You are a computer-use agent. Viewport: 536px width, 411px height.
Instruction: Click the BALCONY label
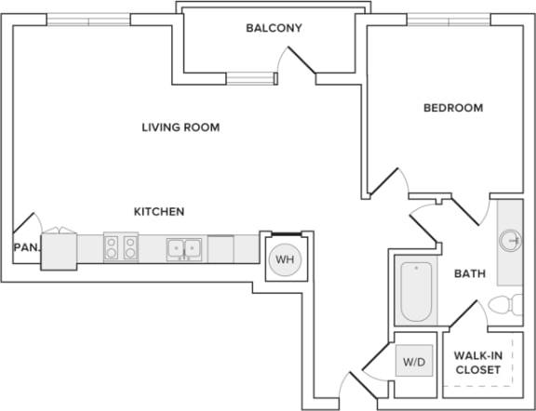tap(274, 28)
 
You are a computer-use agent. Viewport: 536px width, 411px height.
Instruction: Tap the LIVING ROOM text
tap(181, 127)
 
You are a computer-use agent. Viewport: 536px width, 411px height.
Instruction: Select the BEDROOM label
tap(453, 108)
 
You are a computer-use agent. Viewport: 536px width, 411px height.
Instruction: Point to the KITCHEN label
tap(159, 212)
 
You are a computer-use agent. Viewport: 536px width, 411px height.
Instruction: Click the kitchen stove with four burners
tap(121, 247)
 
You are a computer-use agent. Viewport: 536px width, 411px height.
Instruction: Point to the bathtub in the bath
tap(414, 290)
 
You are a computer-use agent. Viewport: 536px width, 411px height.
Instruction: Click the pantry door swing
tap(26, 225)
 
